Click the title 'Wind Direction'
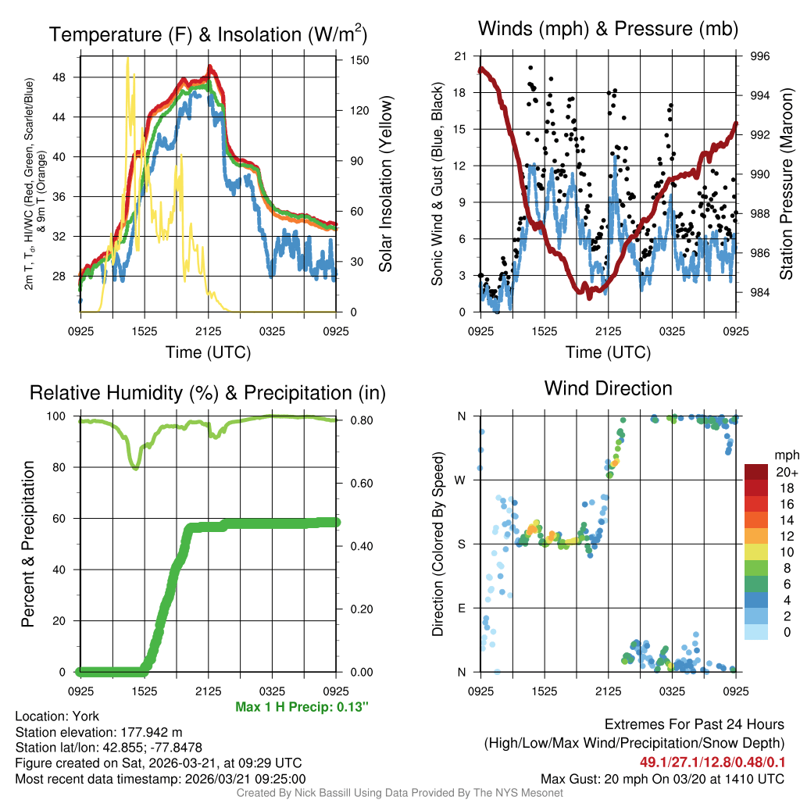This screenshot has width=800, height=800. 608,388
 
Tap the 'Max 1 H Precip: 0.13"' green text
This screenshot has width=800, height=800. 302,707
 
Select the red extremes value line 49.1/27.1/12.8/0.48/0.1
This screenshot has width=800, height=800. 712,761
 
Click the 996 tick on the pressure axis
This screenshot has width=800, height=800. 760,56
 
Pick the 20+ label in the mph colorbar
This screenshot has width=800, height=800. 786,473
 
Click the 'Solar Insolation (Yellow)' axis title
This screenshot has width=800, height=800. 385,184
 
